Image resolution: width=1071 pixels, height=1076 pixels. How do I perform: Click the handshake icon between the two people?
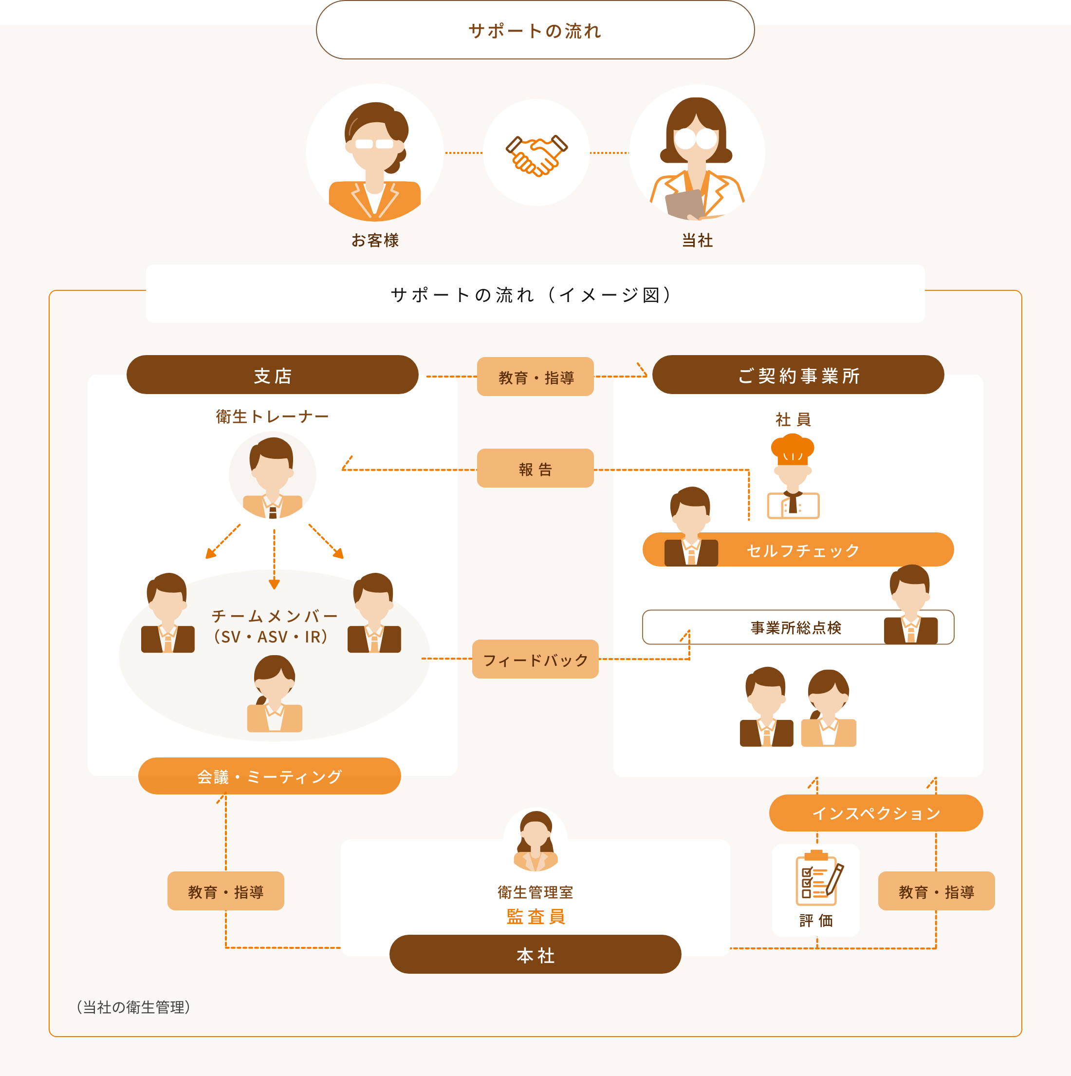[x=536, y=155]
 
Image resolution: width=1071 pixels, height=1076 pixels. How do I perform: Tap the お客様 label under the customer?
[x=375, y=240]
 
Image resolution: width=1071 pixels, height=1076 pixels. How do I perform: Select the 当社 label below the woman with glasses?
[x=698, y=240]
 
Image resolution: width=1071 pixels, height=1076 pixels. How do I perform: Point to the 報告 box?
[x=535, y=469]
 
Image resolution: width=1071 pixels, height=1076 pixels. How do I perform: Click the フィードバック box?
[x=535, y=659]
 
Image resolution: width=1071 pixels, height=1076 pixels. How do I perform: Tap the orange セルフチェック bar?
[x=798, y=550]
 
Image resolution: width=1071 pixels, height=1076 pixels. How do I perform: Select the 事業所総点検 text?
[x=796, y=628]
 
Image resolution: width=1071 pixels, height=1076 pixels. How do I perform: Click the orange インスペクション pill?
[x=876, y=813]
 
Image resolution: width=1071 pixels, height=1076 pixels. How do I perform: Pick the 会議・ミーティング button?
[x=269, y=776]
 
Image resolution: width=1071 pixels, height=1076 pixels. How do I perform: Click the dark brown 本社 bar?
[x=535, y=955]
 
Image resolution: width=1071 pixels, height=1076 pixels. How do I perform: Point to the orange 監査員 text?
[x=536, y=916]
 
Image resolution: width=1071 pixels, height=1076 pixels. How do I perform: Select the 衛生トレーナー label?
[x=272, y=416]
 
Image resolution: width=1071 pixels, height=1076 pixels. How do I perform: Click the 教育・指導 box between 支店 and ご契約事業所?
[x=535, y=377]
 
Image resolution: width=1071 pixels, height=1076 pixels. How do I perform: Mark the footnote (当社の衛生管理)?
[x=133, y=1007]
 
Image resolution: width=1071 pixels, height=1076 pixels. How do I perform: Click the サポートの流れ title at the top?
[x=535, y=31]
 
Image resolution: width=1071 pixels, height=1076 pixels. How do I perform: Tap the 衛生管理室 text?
[x=535, y=892]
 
